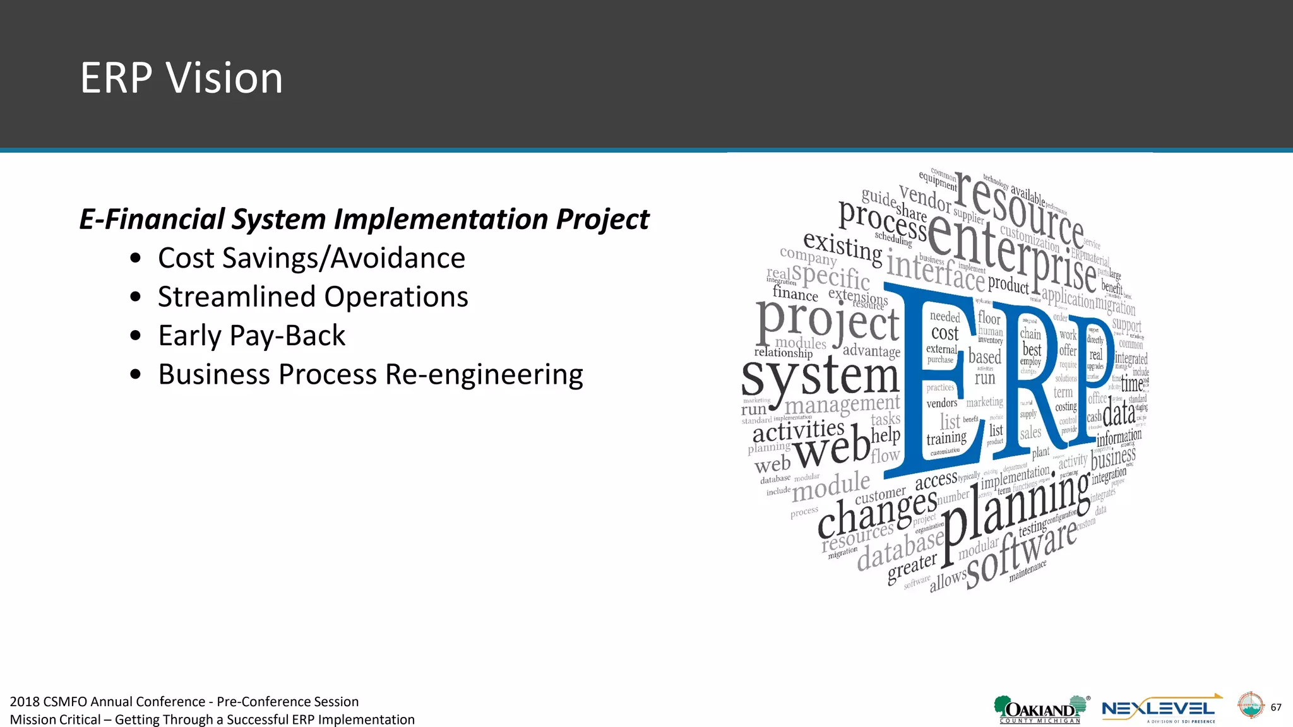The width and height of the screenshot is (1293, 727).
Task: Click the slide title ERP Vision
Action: [181, 78]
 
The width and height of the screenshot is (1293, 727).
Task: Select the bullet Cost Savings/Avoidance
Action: [311, 258]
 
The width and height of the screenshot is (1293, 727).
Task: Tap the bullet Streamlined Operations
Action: [313, 297]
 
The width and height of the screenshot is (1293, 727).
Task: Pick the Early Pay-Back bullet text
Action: [251, 335]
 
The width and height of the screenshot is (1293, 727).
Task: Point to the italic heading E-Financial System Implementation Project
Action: [364, 219]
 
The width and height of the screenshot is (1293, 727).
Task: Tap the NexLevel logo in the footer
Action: [1159, 709]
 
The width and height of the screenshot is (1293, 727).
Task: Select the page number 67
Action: [1275, 707]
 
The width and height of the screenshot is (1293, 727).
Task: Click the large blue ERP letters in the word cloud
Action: [1004, 379]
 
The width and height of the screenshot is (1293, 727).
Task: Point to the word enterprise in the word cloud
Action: [1010, 252]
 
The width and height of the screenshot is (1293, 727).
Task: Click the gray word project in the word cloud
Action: [827, 323]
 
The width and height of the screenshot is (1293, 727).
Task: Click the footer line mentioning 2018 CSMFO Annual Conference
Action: [184, 701]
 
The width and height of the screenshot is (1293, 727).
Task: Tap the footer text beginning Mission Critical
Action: [212, 719]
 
